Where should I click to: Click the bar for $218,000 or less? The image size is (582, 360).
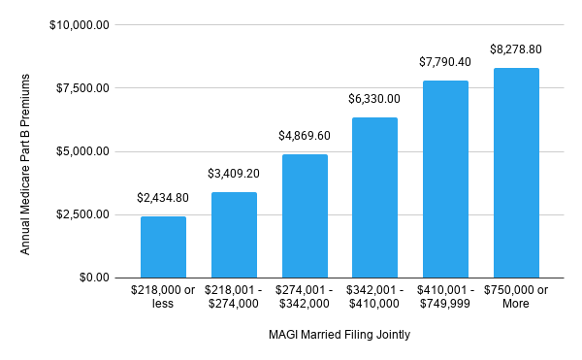[x=163, y=246]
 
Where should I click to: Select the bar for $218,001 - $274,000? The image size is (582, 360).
[x=234, y=235]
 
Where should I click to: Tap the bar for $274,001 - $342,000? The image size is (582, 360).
[x=305, y=215]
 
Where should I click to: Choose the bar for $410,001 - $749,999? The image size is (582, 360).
[x=445, y=179]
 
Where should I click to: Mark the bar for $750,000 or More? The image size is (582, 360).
[x=516, y=173]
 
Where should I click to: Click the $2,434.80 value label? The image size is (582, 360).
[x=163, y=198]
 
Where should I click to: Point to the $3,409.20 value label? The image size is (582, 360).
[x=234, y=175]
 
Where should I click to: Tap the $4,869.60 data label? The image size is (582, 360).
[x=305, y=137]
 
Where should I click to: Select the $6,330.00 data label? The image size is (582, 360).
[x=374, y=99]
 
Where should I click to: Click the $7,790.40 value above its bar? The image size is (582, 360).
[x=445, y=62]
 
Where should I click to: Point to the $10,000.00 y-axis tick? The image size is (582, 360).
[x=81, y=25]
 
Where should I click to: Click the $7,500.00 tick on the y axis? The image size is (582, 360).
[x=84, y=88]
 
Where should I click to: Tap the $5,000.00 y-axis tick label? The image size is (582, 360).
[x=84, y=151]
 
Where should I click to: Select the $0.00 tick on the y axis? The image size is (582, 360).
[x=94, y=278]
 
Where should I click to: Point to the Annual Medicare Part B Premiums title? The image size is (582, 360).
[x=26, y=151]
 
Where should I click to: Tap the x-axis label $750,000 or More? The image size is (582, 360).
[x=516, y=296]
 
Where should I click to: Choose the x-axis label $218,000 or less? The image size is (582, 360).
[x=163, y=296]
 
